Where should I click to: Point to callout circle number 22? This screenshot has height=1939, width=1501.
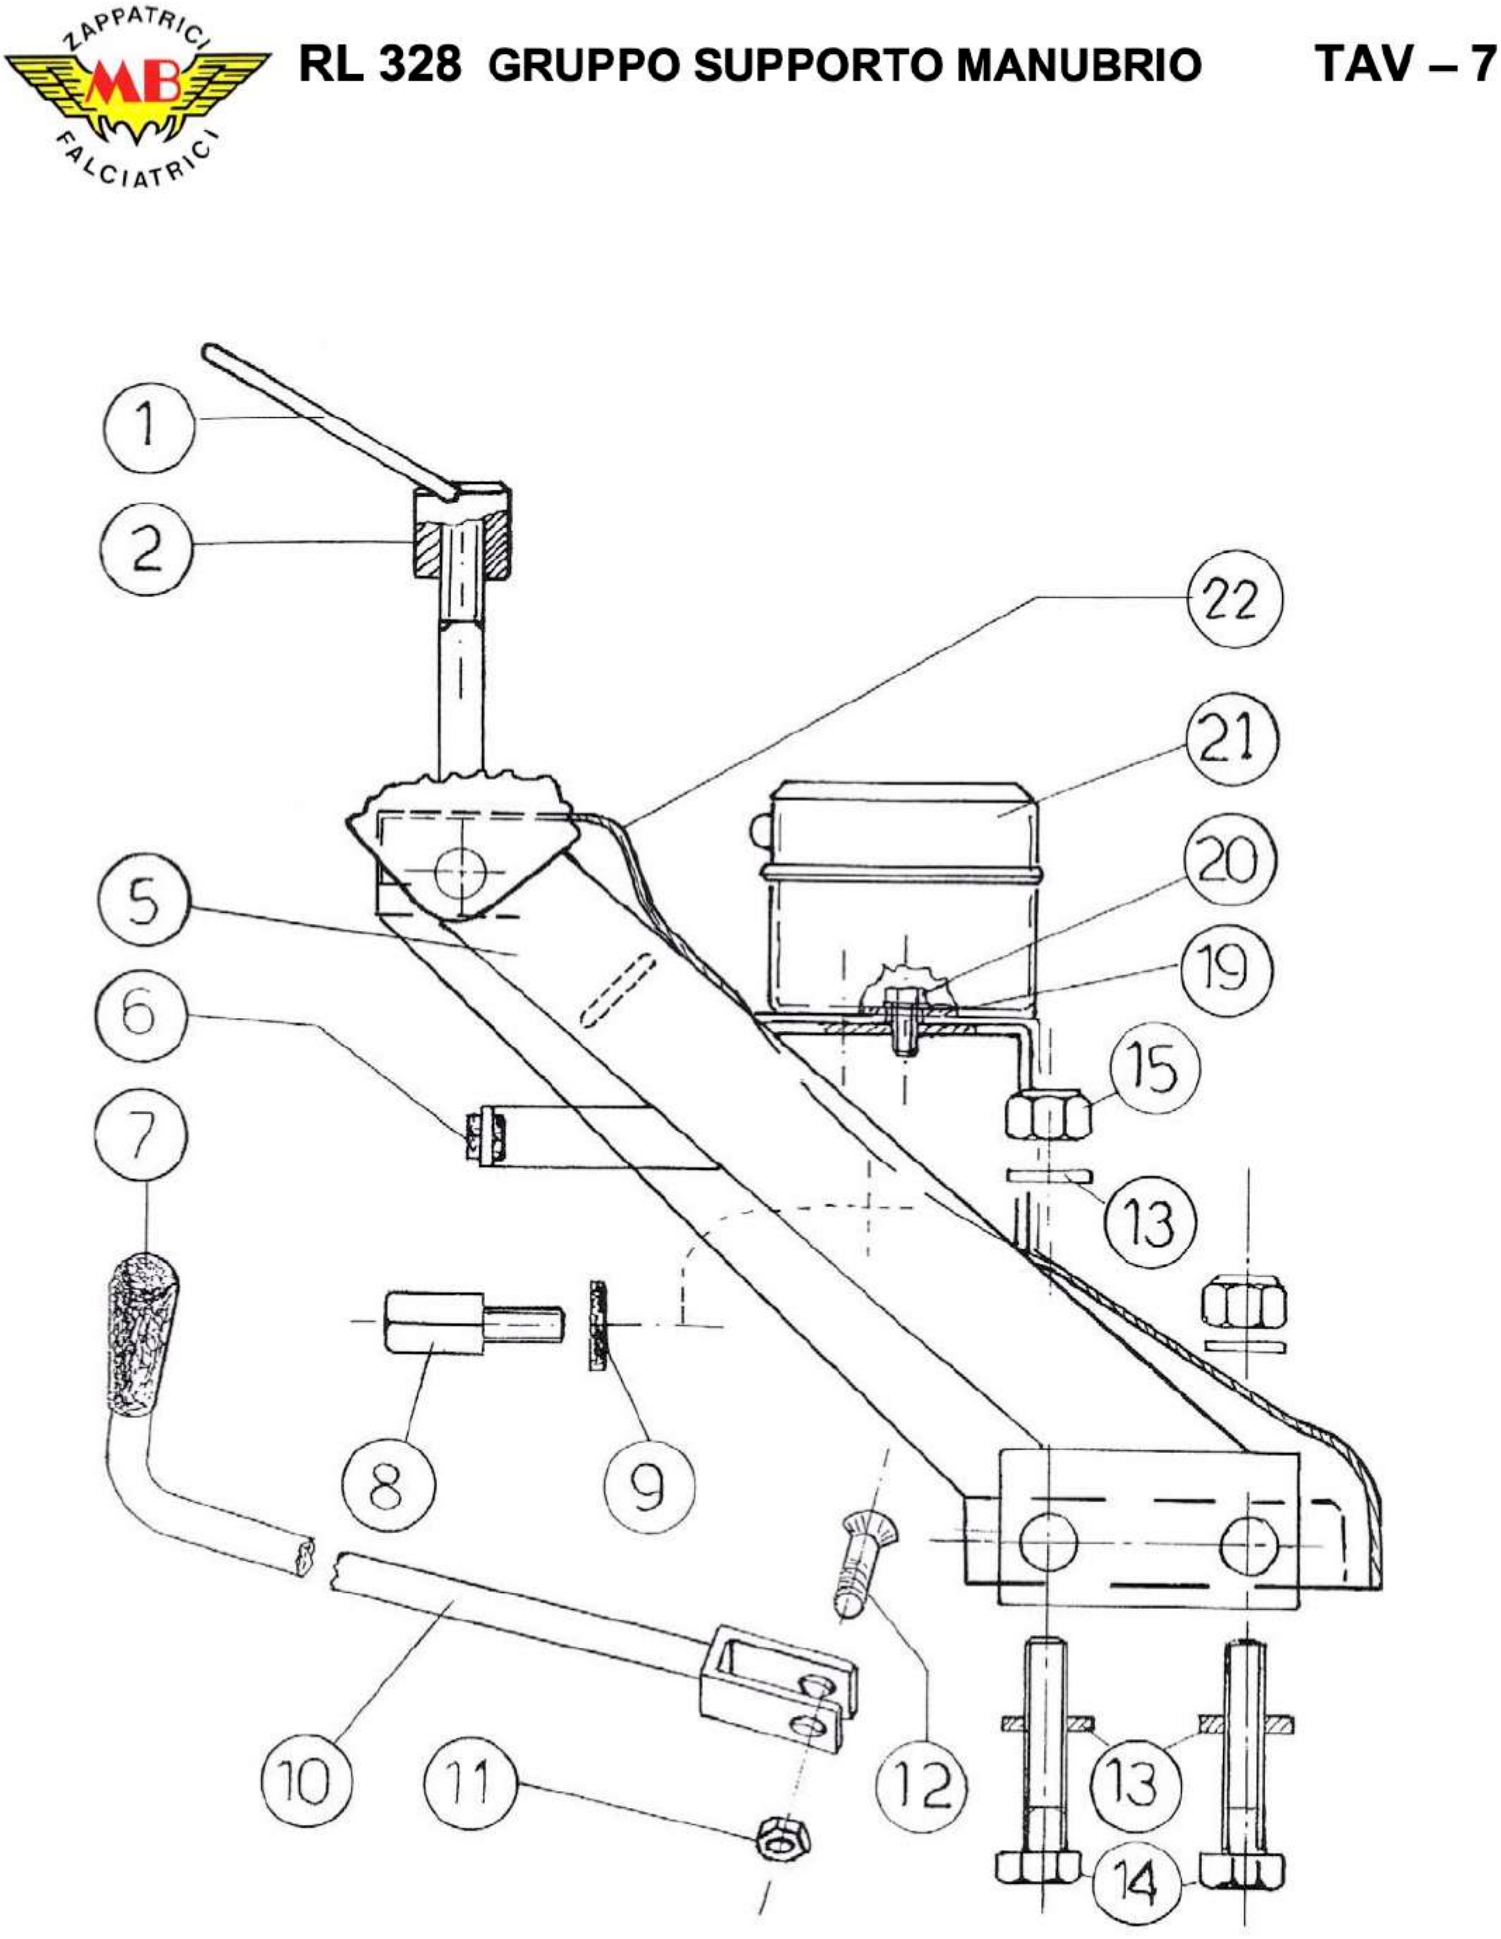(1234, 601)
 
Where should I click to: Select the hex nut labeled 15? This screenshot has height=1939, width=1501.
(1048, 1116)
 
